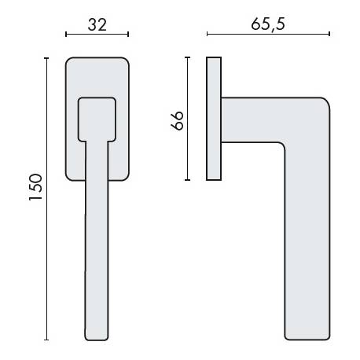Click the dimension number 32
(97, 24)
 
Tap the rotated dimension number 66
(178, 119)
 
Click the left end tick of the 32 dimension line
(66, 35)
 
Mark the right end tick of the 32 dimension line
(128, 35)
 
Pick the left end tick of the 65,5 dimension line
(207, 35)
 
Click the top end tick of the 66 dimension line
(187, 57)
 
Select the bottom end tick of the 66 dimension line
(187, 181)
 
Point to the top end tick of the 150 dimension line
(47, 57)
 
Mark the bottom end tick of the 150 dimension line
(47, 340)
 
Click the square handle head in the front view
(97, 117)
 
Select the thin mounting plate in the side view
(213, 119)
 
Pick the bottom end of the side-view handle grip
(307, 339)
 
